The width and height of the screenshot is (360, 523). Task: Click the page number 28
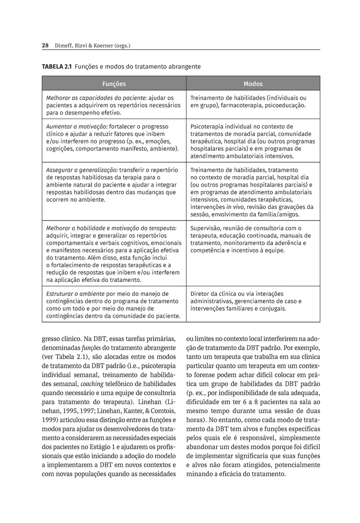point(45,45)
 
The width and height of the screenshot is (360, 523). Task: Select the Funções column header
point(114,84)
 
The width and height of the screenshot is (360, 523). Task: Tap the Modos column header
point(253,84)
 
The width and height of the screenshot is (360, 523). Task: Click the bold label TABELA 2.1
point(57,67)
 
